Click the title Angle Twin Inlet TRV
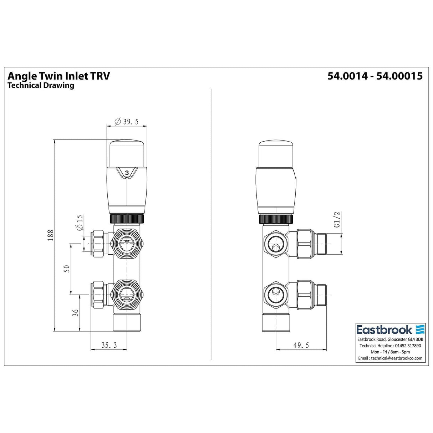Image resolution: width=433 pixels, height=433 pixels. click(59, 76)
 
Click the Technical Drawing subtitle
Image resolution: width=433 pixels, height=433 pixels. click(41, 86)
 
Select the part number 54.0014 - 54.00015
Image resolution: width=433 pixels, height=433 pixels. click(375, 76)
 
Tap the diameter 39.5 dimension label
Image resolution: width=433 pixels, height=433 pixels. click(126, 122)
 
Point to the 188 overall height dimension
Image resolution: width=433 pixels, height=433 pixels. click(50, 235)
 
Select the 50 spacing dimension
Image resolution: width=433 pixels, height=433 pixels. click(66, 268)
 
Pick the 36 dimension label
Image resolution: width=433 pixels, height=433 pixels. click(75, 313)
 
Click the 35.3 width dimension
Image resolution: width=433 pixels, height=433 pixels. click(109, 345)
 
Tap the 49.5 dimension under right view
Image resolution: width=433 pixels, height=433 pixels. click(301, 345)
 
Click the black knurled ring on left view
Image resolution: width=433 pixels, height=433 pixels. click(127, 218)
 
